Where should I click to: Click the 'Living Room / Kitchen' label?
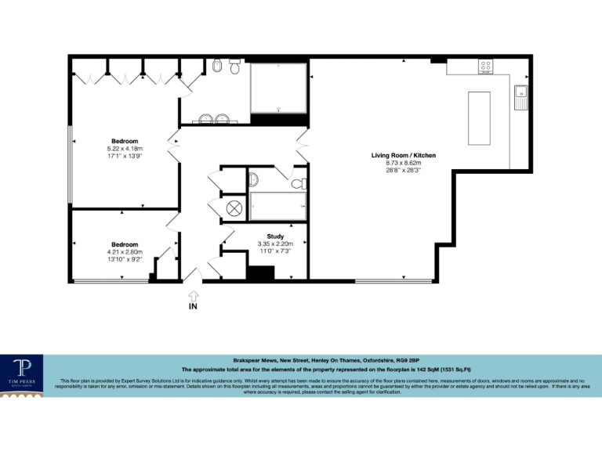pos(403,156)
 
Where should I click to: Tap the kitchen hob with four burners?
pos(485,67)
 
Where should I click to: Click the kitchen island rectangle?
pos(478,117)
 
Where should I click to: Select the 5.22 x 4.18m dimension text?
pos(125,149)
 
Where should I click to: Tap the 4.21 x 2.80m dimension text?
pos(125,251)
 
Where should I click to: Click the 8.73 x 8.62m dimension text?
pos(403,163)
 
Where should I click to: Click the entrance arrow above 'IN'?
pos(194,294)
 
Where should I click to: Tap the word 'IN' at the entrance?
pos(194,308)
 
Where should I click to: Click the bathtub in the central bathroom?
pos(276,206)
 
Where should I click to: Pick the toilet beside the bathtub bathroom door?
pos(299,184)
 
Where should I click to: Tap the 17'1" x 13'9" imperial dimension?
pos(125,156)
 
